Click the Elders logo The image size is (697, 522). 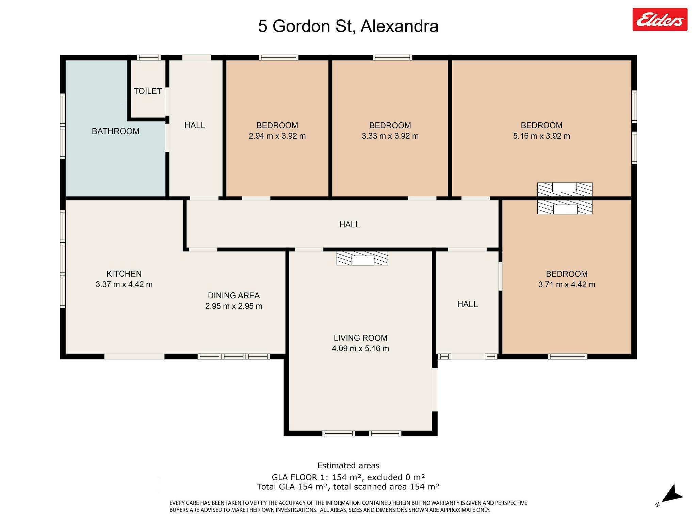coord(660,20)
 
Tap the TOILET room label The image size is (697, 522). coord(148,91)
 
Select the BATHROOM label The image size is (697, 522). coord(116,131)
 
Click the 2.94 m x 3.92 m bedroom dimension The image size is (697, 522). coord(277,136)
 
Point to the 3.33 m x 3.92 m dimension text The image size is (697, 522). coord(390,136)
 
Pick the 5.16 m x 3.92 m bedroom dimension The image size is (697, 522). coord(541,136)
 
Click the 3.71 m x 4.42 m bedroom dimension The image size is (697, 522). coord(567,284)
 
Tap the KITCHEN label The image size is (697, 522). coord(124,274)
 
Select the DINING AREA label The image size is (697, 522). coord(234,295)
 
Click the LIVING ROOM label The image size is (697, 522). coord(360,338)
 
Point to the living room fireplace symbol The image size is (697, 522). coord(362,258)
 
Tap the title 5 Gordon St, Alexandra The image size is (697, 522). coord(348,26)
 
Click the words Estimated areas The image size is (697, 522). coord(348,466)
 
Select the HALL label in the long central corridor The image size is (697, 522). coord(350,224)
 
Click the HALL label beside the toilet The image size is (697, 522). coord(195,125)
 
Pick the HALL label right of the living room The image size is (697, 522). coord(467,304)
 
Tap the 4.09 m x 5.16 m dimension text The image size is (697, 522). coord(360,348)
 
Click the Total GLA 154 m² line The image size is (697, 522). coord(348,487)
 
